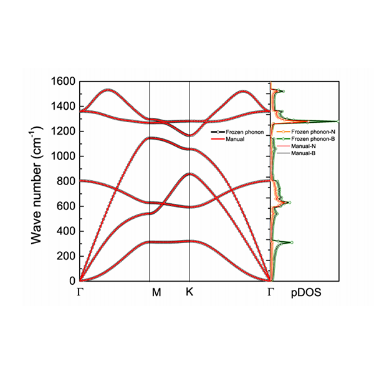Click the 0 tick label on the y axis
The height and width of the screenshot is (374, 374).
pos(72,281)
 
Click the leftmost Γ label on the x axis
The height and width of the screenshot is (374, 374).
pos(80,292)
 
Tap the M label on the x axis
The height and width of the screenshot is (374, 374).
pos(156,292)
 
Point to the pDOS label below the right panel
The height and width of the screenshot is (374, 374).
pos(306,292)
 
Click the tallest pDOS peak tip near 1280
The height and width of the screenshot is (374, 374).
pos(337,121)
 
